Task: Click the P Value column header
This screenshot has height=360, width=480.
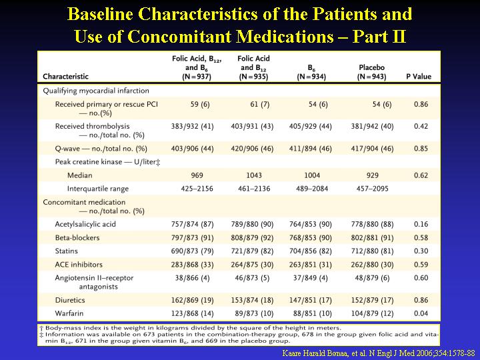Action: [x=419, y=77]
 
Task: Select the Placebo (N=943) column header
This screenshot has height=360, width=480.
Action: [x=371, y=72]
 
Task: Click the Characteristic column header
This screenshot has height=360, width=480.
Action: [x=65, y=77]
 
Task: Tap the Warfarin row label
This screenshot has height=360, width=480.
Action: [x=69, y=313]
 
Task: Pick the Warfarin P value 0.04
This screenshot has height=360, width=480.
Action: [x=421, y=313]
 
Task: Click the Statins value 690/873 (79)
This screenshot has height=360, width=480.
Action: [x=192, y=251]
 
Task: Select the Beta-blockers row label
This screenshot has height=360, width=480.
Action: [x=77, y=237]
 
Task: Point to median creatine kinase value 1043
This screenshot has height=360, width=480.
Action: [x=254, y=175]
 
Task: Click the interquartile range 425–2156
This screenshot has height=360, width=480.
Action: [x=197, y=189]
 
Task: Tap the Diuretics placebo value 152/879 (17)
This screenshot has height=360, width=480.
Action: [x=372, y=300]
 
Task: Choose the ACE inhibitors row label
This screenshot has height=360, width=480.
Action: [x=79, y=265]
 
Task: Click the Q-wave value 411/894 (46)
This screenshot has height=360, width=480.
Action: [x=311, y=149]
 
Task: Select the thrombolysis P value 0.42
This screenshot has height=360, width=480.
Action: [x=421, y=126]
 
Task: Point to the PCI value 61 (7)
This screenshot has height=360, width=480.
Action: [x=259, y=105]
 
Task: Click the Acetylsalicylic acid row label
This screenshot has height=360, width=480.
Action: [x=85, y=225]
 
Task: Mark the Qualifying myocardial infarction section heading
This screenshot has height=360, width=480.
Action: [x=96, y=91]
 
